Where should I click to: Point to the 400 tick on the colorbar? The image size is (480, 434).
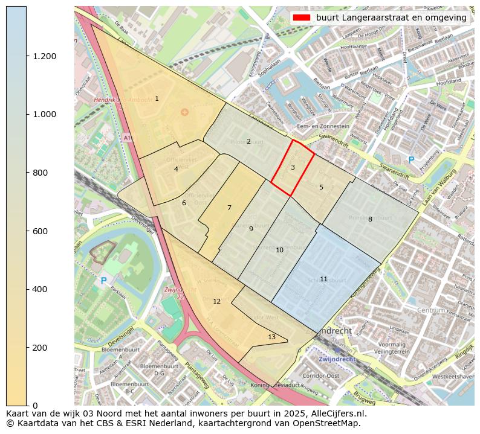pyautogui.click(x=39, y=289)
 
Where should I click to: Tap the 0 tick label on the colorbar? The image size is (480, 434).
pyautogui.click(x=35, y=406)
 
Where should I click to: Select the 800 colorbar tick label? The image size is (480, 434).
pyautogui.click(x=39, y=173)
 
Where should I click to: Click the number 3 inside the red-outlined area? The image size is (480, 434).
pyautogui.click(x=293, y=167)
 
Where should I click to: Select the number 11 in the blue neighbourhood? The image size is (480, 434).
pyautogui.click(x=323, y=279)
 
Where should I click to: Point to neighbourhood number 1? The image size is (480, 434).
pyautogui.click(x=157, y=98)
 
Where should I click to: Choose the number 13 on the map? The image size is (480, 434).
pyautogui.click(x=271, y=337)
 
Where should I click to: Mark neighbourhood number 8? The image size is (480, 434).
pyautogui.click(x=370, y=219)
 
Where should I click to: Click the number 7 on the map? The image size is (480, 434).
pyautogui.click(x=229, y=208)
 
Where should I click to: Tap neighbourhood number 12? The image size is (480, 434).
pyautogui.click(x=216, y=301)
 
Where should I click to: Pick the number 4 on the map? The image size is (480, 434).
pyautogui.click(x=176, y=169)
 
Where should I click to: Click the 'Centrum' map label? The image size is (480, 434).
pyautogui.click(x=430, y=310)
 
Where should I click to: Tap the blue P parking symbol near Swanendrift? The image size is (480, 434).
pyautogui.click(x=411, y=160)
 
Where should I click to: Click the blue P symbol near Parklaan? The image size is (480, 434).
pyautogui.click(x=103, y=281)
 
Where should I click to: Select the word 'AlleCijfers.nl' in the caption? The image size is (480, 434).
pyautogui.click(x=340, y=414)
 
